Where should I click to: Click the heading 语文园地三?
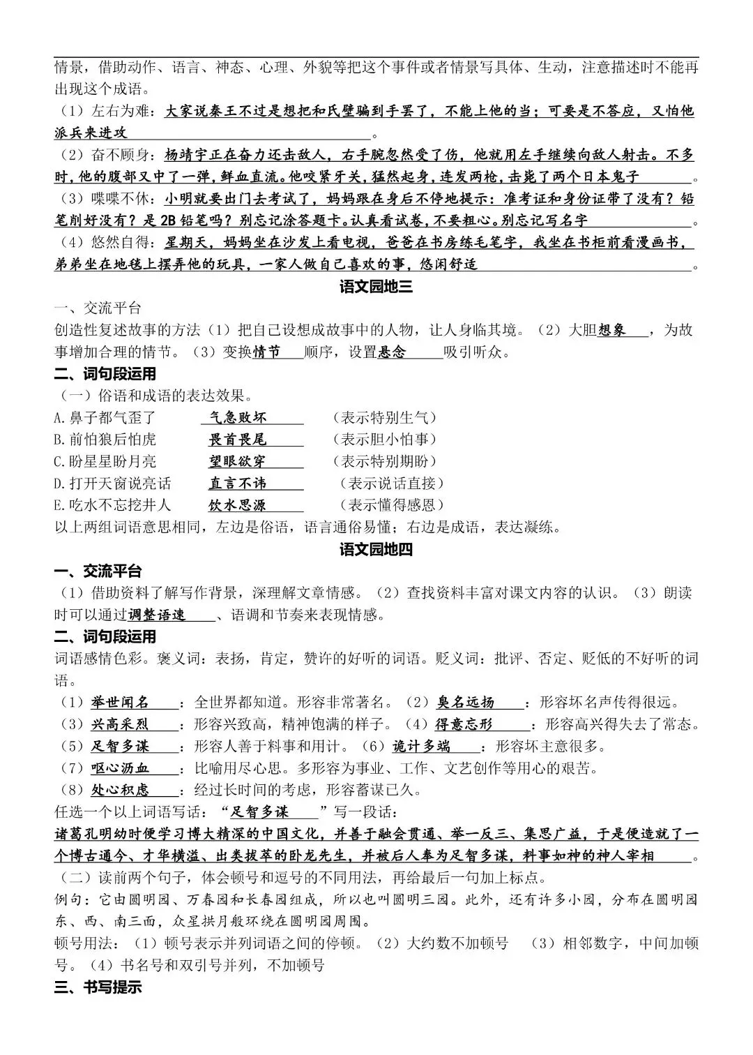click(376, 286)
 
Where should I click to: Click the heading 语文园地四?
click(376, 549)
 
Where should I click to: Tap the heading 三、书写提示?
click(98, 987)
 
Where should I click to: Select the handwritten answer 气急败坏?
click(238, 417)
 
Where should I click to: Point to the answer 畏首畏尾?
click(238, 440)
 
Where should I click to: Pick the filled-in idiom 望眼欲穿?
click(238, 461)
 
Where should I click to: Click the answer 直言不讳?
click(238, 483)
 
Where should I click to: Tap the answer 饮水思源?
click(238, 505)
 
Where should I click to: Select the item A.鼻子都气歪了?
click(105, 417)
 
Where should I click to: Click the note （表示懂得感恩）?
click(392, 505)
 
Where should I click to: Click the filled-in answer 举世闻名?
click(120, 702)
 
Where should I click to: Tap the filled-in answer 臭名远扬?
click(466, 702)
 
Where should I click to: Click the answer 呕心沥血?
click(120, 768)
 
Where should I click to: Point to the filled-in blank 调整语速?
click(157, 615)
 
